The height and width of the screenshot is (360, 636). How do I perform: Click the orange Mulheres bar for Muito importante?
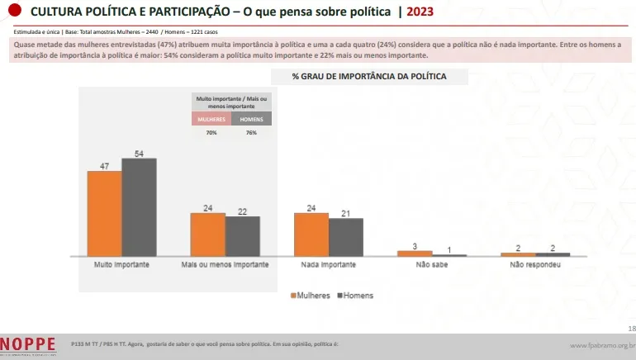(x=104, y=213)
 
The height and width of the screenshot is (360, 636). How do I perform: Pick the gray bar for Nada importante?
(x=346, y=237)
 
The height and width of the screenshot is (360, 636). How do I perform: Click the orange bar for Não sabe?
(x=415, y=253)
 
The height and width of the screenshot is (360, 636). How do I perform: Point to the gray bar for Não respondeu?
(x=553, y=254)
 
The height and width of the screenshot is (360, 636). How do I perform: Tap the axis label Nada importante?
(x=329, y=265)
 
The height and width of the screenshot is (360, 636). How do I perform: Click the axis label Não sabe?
(x=432, y=265)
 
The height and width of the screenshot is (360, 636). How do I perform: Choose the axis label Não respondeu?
(x=535, y=265)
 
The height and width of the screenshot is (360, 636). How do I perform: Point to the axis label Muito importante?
(x=121, y=265)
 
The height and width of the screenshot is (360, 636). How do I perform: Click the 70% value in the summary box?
(x=211, y=131)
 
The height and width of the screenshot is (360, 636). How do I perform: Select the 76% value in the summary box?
(x=251, y=131)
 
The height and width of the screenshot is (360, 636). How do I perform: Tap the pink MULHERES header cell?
(x=211, y=119)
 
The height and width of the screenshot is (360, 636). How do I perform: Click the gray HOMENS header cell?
(x=251, y=119)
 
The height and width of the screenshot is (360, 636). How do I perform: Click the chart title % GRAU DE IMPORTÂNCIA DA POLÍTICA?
(x=369, y=76)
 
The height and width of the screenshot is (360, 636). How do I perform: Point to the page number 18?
(x=631, y=329)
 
